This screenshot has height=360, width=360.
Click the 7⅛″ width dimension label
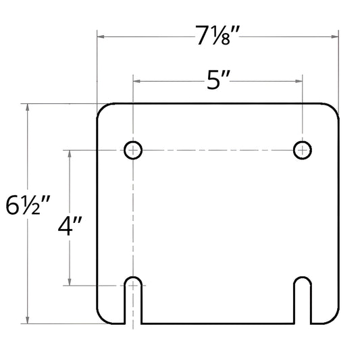click(217, 36)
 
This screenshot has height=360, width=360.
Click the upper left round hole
click(134, 149)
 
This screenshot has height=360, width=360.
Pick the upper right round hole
click(302, 149)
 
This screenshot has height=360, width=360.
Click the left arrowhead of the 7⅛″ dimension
click(101, 36)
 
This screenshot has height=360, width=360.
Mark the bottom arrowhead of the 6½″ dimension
click(27, 319)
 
